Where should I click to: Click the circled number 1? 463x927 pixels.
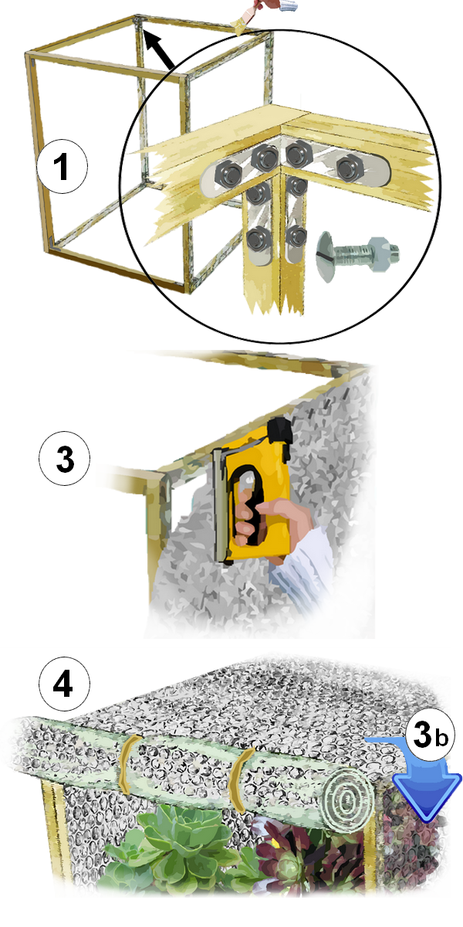point(63,166)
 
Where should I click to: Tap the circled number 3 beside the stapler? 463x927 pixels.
point(65,459)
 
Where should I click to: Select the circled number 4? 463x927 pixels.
point(65,684)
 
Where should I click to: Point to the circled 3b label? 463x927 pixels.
point(430,735)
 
